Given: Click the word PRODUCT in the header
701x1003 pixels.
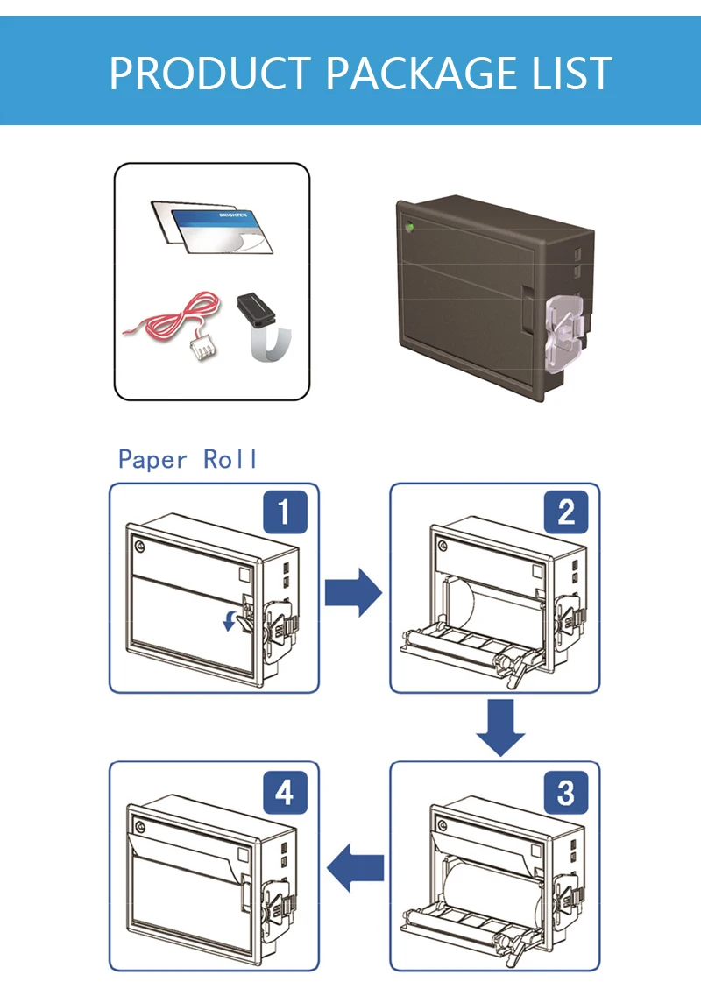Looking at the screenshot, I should click(x=209, y=73).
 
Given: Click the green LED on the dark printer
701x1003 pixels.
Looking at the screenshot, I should click(x=409, y=229).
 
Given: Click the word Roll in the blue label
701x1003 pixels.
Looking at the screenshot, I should click(x=230, y=459).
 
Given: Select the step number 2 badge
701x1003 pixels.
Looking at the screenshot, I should click(x=565, y=513).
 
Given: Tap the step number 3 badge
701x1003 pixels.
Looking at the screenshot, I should click(x=565, y=793).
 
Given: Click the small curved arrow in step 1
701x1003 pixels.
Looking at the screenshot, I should click(x=230, y=621).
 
